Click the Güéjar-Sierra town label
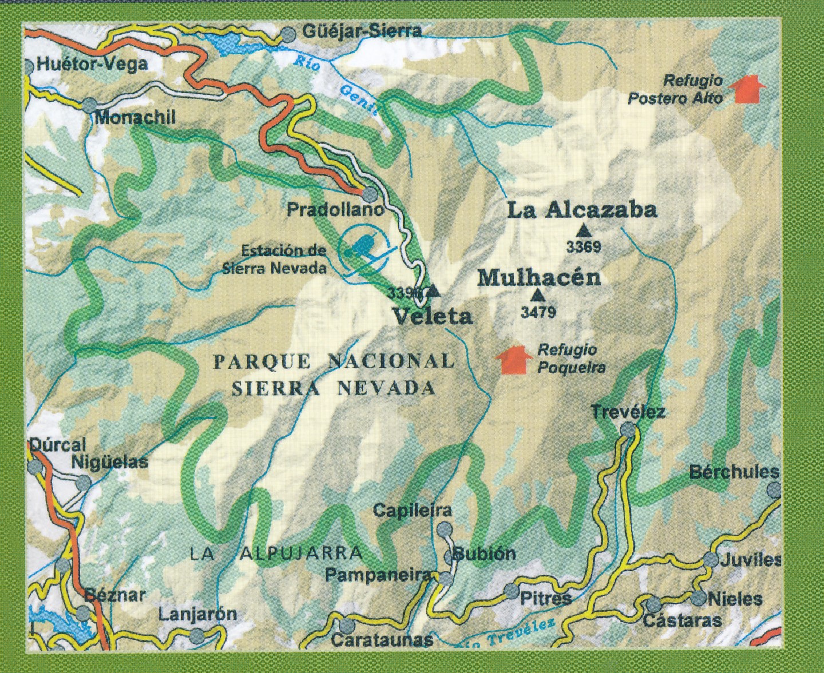(x=362, y=31)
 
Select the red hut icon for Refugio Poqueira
(x=512, y=360)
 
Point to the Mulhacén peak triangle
(x=537, y=296)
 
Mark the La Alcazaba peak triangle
(x=584, y=231)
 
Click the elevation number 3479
(x=538, y=313)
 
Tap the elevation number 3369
(x=583, y=248)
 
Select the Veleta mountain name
(x=432, y=316)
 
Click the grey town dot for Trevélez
(x=628, y=429)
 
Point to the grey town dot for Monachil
(x=90, y=105)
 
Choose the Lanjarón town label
(x=197, y=615)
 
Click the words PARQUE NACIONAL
(x=334, y=361)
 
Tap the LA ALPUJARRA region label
(x=276, y=553)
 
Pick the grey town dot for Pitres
(x=510, y=590)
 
